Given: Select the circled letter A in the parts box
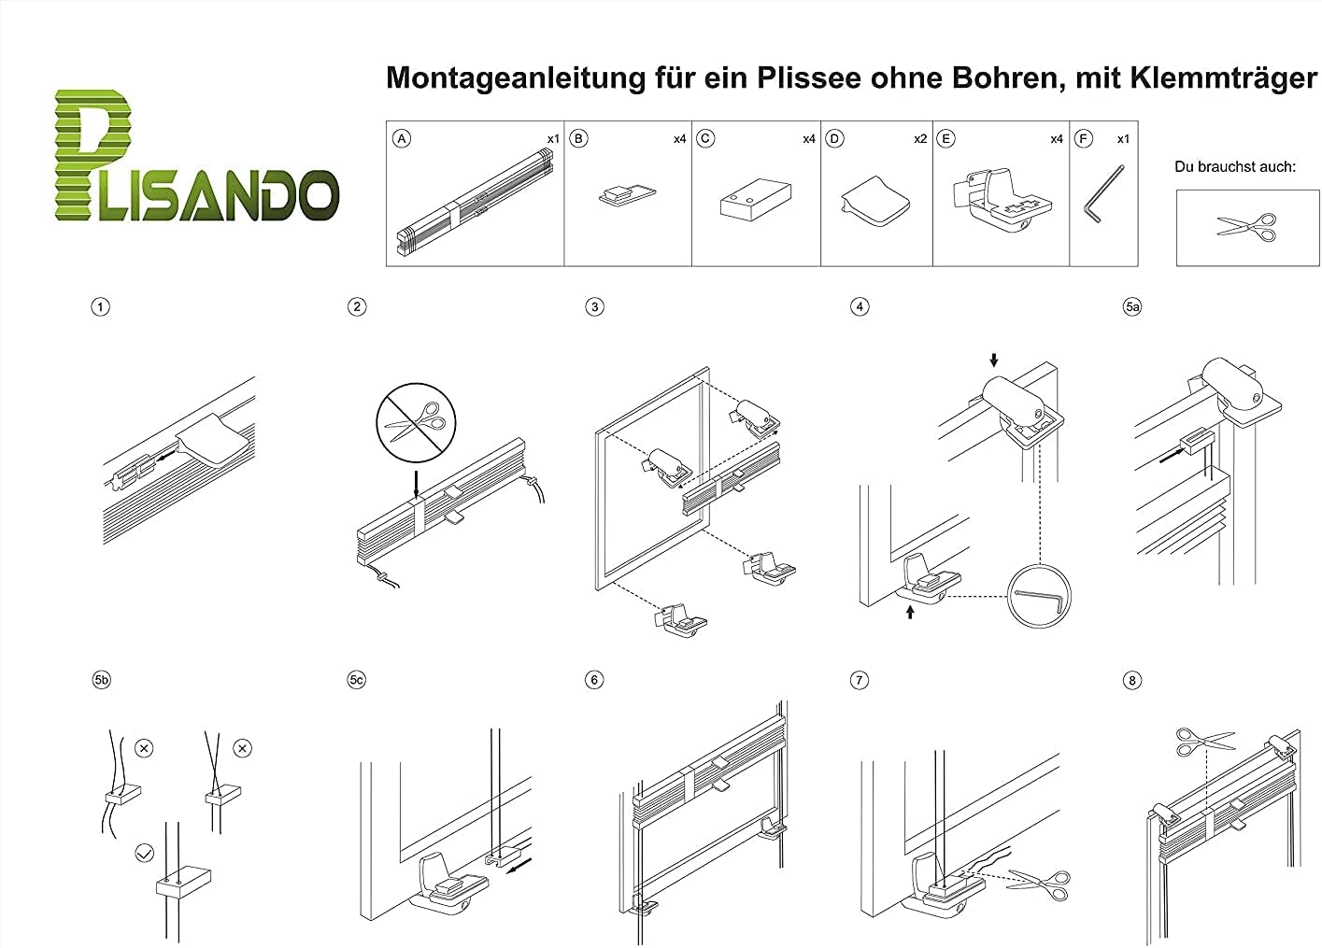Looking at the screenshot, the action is click(x=402, y=138).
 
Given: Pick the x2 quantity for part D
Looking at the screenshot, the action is click(x=920, y=139).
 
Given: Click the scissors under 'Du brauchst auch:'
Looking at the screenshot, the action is click(x=1247, y=228).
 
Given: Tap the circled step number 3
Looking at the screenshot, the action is click(x=594, y=306).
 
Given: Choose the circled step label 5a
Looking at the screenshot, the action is click(x=1132, y=306).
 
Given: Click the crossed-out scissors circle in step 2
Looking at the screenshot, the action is click(x=416, y=422).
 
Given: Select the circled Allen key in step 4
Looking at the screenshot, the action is click(x=1038, y=596).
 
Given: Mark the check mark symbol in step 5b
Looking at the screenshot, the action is click(x=145, y=853).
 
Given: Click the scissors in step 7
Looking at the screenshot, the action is click(x=1039, y=884).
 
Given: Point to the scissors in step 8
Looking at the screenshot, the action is click(x=1205, y=742).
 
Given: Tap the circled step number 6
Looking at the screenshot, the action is click(x=593, y=680).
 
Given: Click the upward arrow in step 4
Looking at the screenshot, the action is click(x=910, y=612).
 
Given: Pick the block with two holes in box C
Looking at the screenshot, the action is click(x=756, y=199).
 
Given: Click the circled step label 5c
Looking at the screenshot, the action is click(x=357, y=680).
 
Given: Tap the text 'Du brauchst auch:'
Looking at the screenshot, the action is click(x=1235, y=167).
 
